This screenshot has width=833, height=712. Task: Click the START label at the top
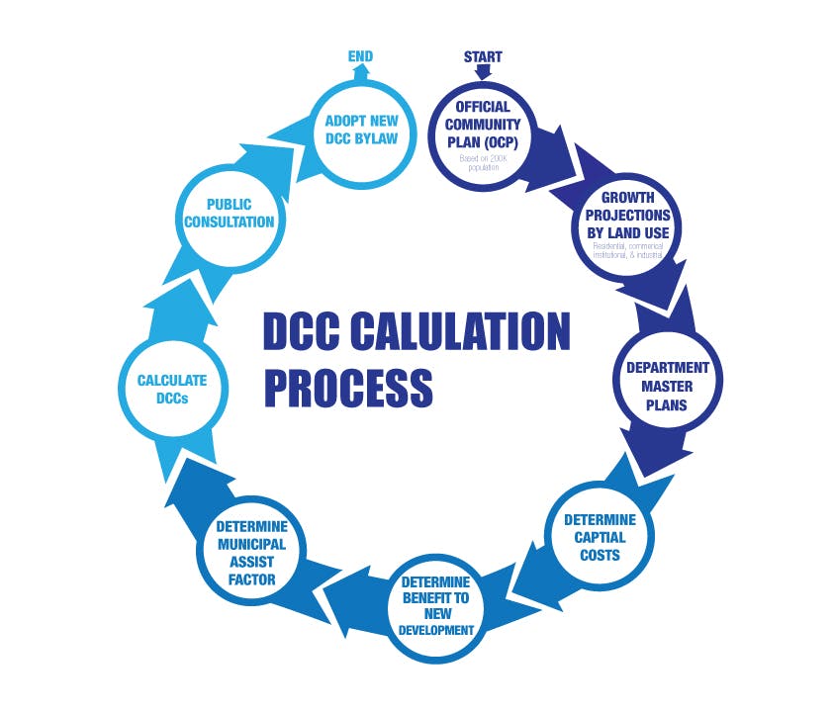pos(482,57)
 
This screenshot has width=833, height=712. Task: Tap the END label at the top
pos(360,57)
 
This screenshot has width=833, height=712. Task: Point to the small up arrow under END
pos(360,73)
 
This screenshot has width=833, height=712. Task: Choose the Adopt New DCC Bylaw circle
pos(361,130)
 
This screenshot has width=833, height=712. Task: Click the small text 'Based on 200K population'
pos(482,160)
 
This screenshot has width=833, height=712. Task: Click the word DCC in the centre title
pos(298,331)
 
